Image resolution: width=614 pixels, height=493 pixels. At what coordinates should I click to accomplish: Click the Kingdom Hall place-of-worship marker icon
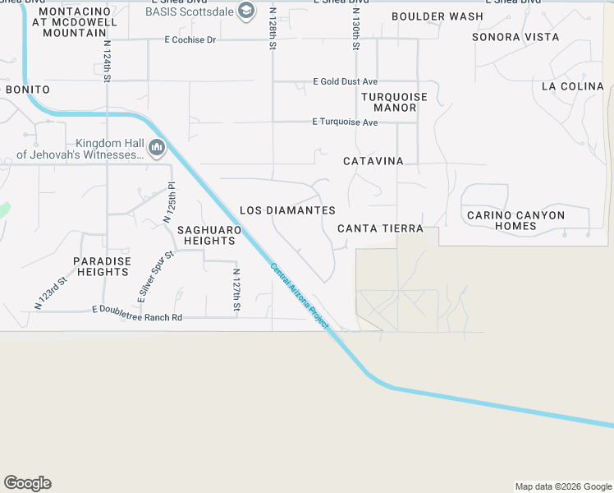coord(157,148)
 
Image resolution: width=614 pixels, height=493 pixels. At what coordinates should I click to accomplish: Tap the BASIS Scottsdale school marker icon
coord(245,11)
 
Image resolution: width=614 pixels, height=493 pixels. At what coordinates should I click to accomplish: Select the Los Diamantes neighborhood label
coord(287,211)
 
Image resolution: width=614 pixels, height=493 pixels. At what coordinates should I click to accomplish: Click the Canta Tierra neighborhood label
coord(380,228)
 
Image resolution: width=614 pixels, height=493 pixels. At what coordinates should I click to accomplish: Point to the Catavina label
coord(373,161)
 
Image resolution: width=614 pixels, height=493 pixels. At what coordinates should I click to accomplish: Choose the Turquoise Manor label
coord(395,102)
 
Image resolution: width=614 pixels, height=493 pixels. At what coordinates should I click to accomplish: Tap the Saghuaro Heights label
coord(209,235)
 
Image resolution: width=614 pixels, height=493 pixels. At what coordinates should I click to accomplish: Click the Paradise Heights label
coord(102,266)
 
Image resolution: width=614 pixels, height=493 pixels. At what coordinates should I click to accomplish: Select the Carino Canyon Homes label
coord(515,220)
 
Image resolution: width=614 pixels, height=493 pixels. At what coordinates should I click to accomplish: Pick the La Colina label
coord(573,86)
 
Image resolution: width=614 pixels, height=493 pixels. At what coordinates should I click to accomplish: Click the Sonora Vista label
coord(515,37)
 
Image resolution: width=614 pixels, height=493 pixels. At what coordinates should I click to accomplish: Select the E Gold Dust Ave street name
coord(345,82)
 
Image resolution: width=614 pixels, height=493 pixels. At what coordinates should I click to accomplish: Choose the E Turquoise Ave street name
coord(345,122)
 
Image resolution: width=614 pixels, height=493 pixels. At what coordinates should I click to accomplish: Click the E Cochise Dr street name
coord(190,39)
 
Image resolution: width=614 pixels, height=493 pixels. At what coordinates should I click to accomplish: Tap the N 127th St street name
coord(236,290)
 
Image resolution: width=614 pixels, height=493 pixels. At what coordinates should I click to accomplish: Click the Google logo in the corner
coord(27,483)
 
